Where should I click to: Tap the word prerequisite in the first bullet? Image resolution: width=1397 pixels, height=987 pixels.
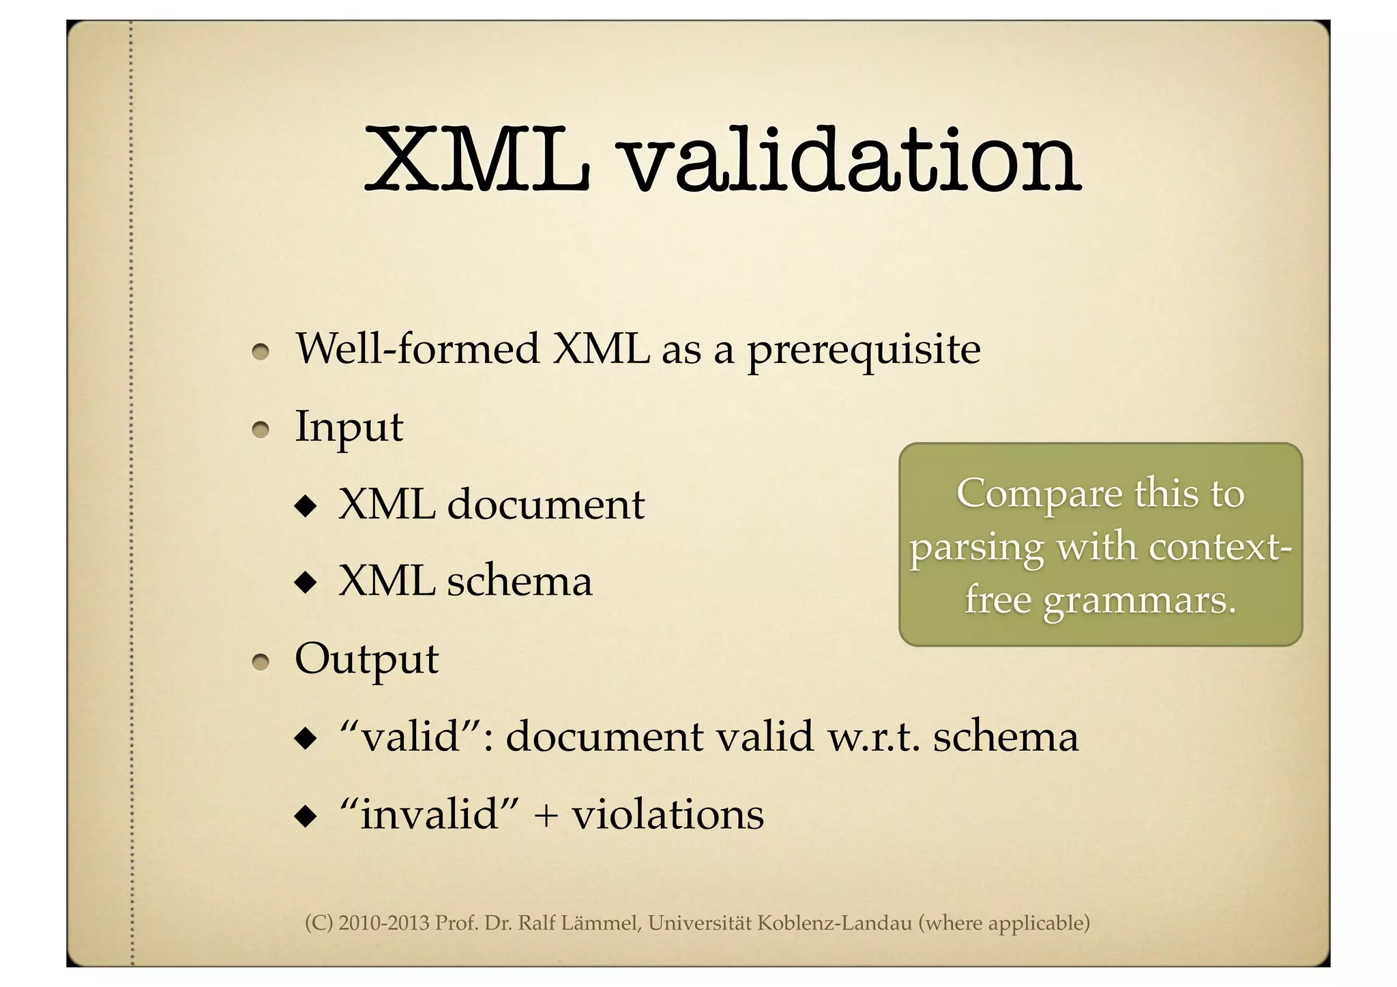coord(864,351)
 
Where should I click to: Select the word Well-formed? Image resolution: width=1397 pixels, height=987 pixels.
coord(417,349)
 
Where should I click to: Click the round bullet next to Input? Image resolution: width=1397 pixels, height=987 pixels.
coord(261,430)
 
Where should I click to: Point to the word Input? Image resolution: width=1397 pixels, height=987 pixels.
coord(349,428)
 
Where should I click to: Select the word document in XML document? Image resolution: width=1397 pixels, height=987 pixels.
coord(546,505)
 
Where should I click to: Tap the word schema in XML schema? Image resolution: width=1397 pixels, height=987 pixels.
coord(519,583)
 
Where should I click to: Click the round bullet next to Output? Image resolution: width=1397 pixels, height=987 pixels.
coord(261,662)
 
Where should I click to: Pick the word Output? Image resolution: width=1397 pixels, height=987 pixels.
coord(366,660)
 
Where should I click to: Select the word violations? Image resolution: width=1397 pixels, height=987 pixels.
coord(668,815)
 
